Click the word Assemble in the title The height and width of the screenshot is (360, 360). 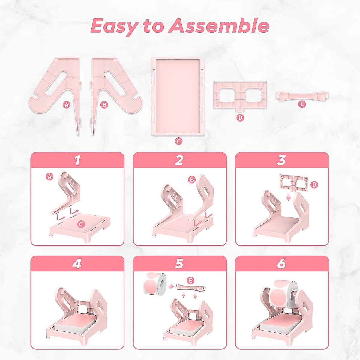pos(218,26)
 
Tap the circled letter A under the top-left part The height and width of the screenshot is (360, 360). pos(67,105)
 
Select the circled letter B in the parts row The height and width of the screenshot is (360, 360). pos(104,105)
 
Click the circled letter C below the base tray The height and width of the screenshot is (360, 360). pos(178,141)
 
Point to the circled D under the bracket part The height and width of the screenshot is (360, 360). pos(240,118)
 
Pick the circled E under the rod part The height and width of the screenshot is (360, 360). pos(302,104)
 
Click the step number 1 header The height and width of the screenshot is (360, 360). pos(77,160)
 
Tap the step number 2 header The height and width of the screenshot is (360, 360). pos(179,160)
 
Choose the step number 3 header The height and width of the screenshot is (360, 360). pos(281,160)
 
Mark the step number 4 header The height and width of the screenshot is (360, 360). pos(77,264)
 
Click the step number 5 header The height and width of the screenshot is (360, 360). pos(179,264)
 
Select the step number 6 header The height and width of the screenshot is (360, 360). pos(281,264)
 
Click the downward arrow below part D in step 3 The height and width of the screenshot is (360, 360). pos(288,197)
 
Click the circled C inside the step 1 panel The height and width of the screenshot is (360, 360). pos(81,224)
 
